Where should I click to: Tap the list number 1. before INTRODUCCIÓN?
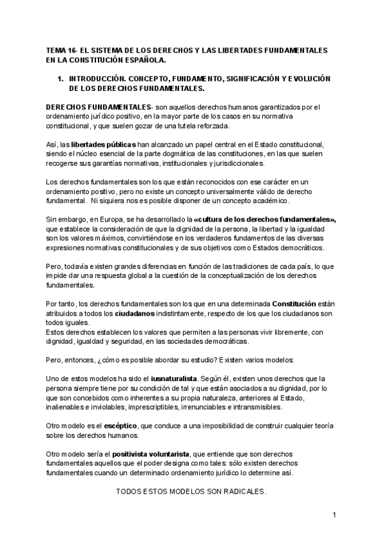[x=60, y=77]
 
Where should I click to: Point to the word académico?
[x=270, y=201]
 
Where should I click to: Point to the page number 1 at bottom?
[x=334, y=515]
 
